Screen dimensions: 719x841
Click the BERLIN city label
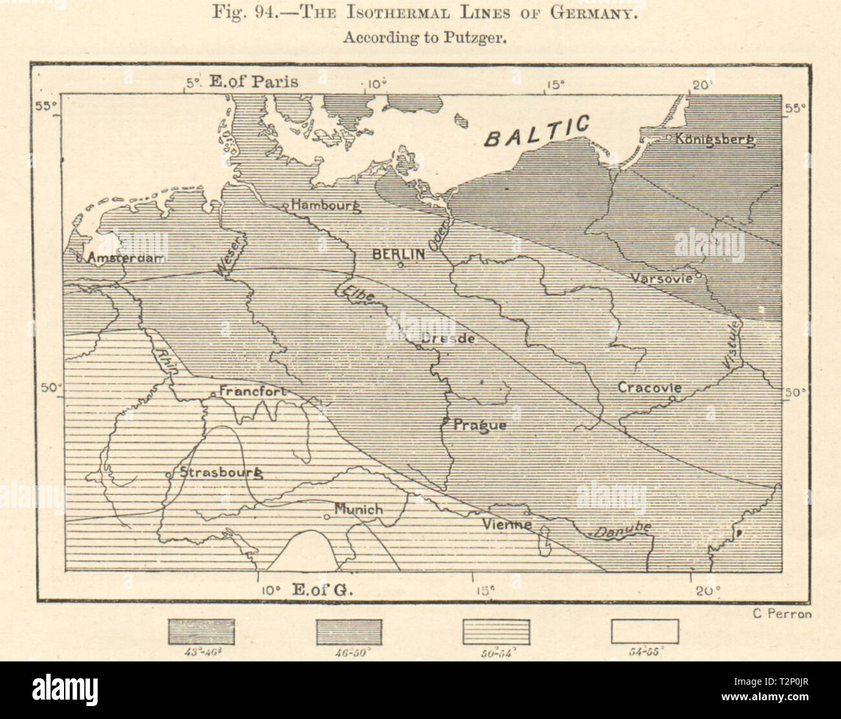[399, 254]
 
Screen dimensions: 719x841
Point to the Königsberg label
[715, 139]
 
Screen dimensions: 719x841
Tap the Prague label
[479, 425]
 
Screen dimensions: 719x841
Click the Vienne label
[507, 524]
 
